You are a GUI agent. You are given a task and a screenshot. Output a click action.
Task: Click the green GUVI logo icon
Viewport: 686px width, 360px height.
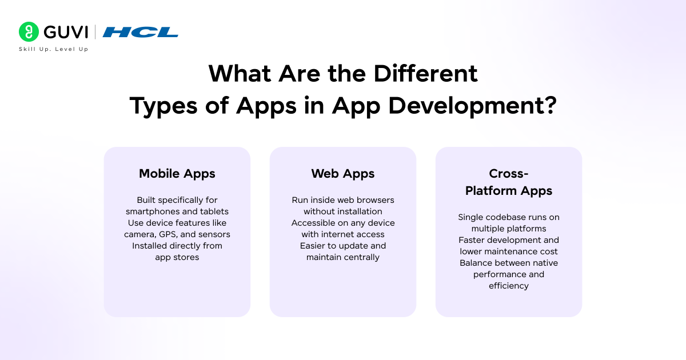(x=29, y=32)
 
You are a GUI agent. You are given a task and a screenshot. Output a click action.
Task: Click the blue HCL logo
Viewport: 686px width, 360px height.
(x=141, y=32)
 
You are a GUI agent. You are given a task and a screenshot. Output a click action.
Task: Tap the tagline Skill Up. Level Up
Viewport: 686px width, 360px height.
(x=53, y=49)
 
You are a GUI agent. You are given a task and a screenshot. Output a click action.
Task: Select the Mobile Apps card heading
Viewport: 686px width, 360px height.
(x=177, y=174)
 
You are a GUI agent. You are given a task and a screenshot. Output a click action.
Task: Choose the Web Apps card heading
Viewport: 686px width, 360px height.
(x=343, y=174)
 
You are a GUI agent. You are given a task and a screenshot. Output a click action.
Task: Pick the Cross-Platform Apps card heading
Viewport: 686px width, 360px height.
(x=509, y=182)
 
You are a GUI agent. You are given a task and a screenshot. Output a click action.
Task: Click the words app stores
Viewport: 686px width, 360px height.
(x=177, y=257)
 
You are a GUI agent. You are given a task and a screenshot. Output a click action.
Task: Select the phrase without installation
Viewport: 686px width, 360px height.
(x=343, y=211)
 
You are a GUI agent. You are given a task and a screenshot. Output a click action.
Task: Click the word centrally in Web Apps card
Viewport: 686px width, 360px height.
(x=361, y=257)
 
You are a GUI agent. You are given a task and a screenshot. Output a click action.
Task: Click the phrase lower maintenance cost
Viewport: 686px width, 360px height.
(x=509, y=251)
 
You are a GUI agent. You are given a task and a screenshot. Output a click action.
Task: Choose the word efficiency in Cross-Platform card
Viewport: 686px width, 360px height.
(x=509, y=286)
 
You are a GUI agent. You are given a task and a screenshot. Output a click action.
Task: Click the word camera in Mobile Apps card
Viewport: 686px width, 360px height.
(x=138, y=234)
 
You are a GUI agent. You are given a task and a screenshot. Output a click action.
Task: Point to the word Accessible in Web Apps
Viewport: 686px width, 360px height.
(x=313, y=223)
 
